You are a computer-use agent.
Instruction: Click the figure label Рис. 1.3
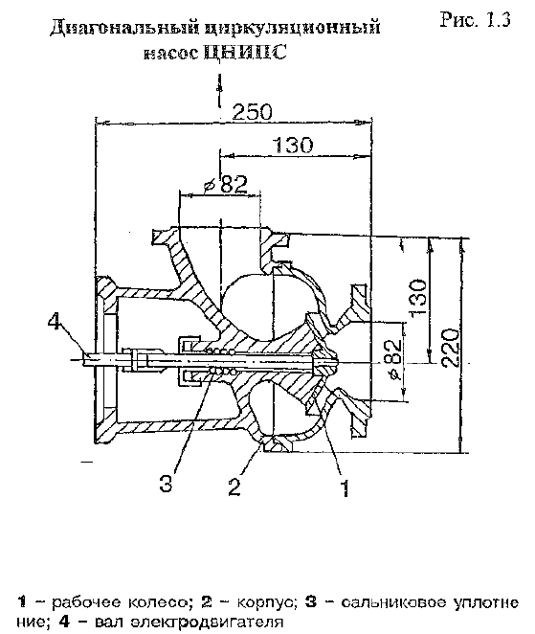click(476, 19)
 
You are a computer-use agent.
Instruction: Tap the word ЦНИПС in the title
click(246, 52)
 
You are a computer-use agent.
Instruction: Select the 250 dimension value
click(253, 112)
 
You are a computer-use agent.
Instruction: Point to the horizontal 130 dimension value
click(293, 145)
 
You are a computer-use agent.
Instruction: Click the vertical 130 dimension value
click(417, 297)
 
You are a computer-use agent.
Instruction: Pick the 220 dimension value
click(450, 349)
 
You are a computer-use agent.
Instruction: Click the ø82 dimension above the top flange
click(225, 185)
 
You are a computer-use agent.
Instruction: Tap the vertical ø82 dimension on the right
click(394, 359)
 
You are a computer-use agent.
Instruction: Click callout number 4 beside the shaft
click(56, 322)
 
